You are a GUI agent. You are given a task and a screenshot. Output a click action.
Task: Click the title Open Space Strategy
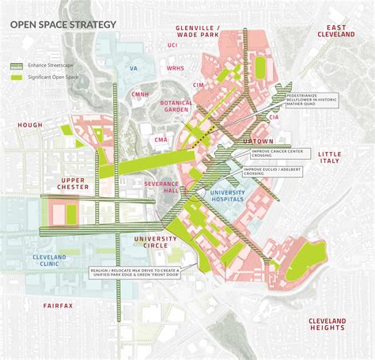(x=62, y=25)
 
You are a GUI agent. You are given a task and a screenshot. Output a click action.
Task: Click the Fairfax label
(x=59, y=305)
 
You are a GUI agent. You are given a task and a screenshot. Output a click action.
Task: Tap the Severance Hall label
(x=161, y=187)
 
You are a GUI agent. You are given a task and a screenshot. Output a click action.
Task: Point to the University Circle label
(x=157, y=242)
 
